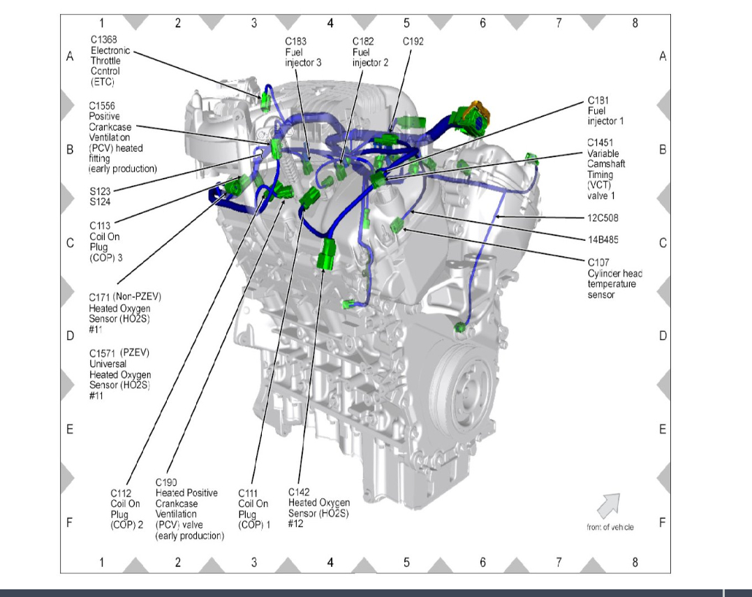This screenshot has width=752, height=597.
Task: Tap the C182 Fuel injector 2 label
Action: click(x=370, y=52)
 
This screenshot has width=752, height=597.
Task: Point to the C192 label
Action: click(x=413, y=41)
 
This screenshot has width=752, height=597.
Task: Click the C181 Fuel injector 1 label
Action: click(x=605, y=110)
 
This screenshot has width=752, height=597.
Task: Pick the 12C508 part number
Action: click(x=603, y=218)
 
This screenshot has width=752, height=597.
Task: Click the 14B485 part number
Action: click(x=603, y=239)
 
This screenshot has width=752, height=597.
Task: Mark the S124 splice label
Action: click(x=100, y=202)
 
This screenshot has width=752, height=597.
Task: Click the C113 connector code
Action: click(x=100, y=226)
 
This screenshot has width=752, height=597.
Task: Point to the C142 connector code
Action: click(x=299, y=492)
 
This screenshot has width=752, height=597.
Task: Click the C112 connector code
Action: click(x=121, y=493)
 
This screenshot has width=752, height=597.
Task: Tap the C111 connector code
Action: click(x=248, y=493)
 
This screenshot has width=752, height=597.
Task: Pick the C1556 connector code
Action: click(x=101, y=105)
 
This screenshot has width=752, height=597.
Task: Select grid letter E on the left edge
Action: click(x=70, y=429)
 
